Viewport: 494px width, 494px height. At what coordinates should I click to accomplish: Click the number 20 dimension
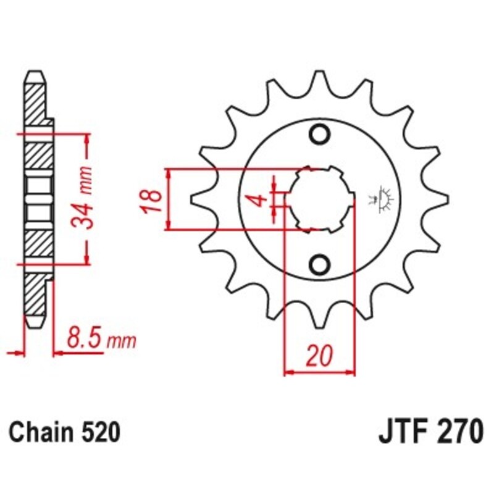319,356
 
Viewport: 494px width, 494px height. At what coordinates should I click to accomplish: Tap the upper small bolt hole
320,134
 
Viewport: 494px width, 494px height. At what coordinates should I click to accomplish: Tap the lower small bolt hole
320,265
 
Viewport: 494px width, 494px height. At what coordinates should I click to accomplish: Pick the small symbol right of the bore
383,199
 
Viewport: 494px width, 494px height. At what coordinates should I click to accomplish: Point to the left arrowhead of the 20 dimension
288,372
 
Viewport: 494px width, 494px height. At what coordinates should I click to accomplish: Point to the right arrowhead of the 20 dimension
353,372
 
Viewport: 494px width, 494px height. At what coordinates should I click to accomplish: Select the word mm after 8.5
122,341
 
